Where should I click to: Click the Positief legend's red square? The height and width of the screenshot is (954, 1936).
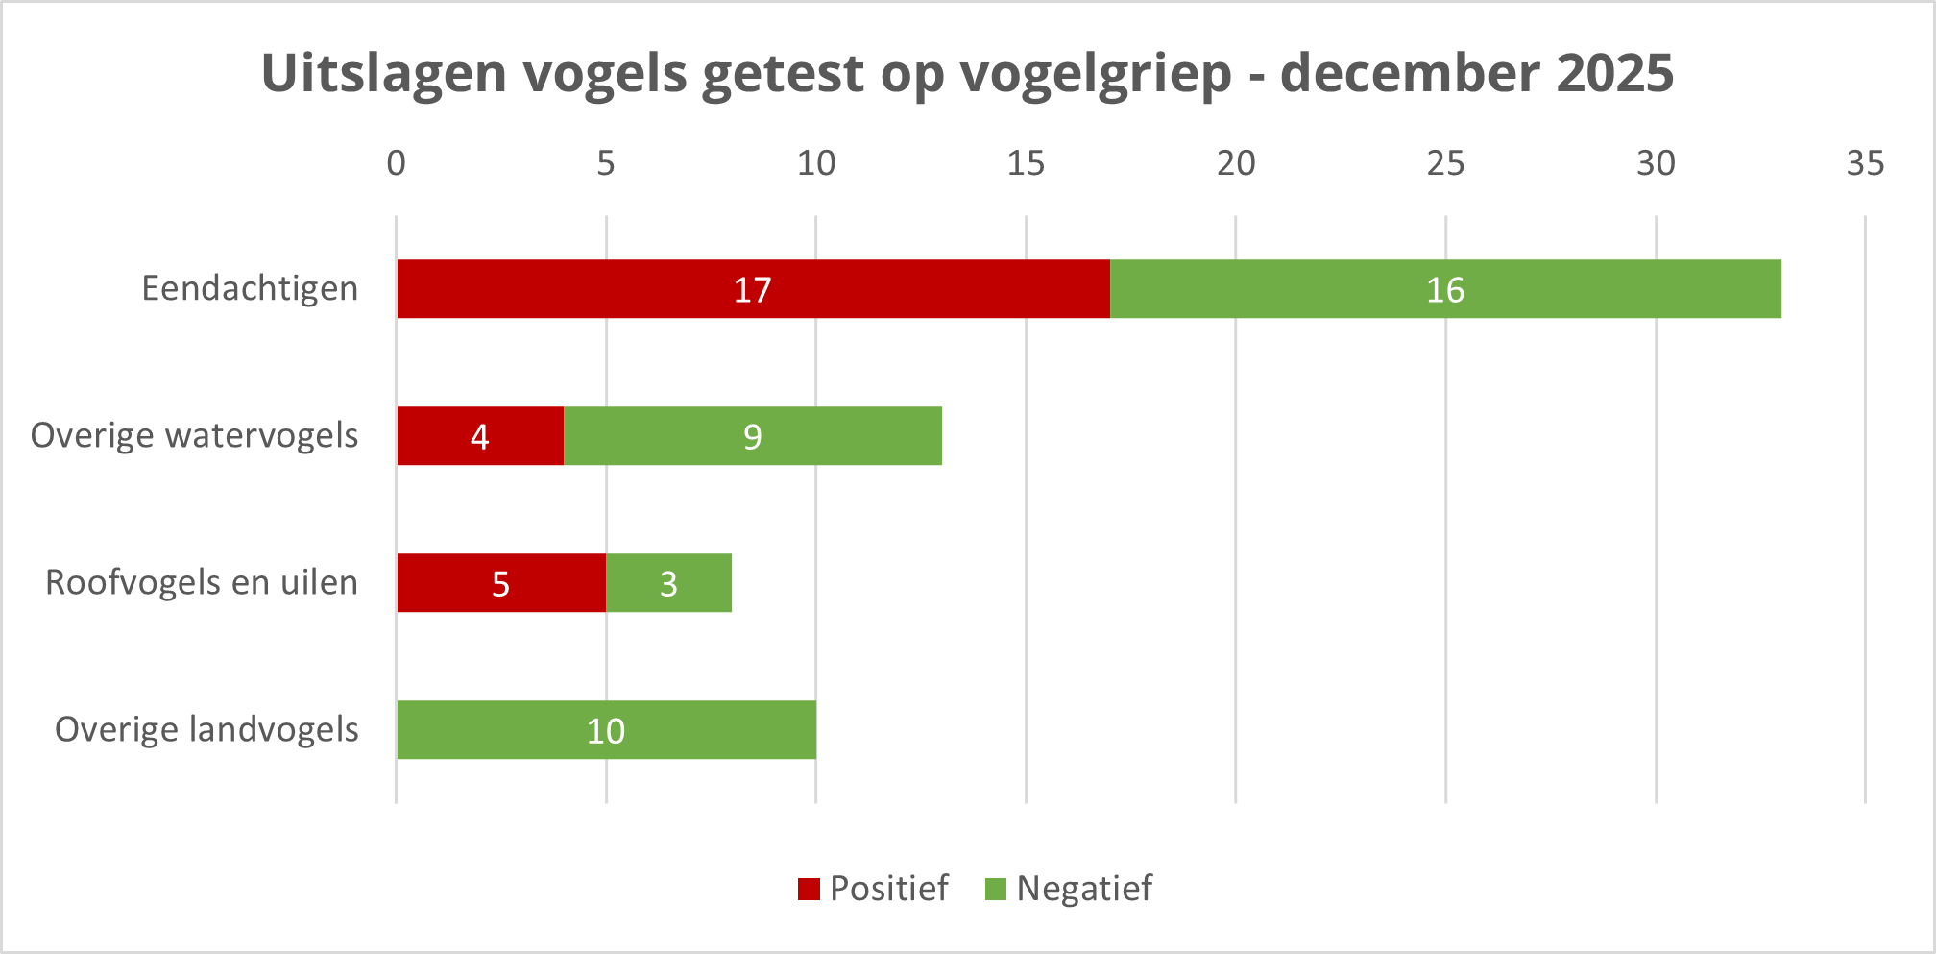(809, 890)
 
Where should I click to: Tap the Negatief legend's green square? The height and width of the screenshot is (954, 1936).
(996, 890)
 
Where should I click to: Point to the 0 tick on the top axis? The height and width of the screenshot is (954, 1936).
(396, 164)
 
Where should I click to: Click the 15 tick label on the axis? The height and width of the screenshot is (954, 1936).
(1026, 164)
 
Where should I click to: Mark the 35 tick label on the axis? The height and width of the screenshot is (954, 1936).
(1865, 164)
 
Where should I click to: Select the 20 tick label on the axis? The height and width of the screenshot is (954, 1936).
(1236, 164)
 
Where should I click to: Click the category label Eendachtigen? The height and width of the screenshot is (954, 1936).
(250, 288)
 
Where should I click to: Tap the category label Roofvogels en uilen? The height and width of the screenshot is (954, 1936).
(202, 582)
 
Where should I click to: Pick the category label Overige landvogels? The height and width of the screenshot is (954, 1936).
(206, 729)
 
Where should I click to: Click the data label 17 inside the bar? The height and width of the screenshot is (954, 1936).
(752, 290)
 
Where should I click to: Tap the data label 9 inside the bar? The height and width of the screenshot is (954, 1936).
(752, 437)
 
